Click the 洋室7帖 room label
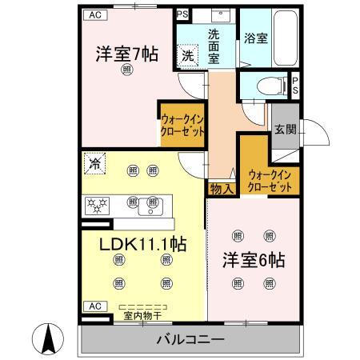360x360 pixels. click(x=127, y=54)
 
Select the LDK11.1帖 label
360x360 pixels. click(x=142, y=243)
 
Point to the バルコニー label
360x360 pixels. click(x=190, y=340)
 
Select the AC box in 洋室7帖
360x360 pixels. click(x=94, y=15)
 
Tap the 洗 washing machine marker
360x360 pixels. click(x=187, y=55)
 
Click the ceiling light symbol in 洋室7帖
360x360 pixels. click(x=127, y=71)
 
